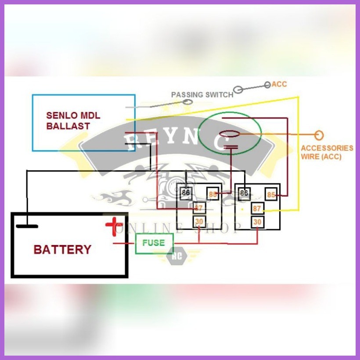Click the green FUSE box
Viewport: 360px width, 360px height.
point(154,243)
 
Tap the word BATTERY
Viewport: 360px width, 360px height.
point(62,249)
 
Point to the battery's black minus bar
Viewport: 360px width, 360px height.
point(27,227)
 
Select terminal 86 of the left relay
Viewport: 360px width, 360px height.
point(186,192)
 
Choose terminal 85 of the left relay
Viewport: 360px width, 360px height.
point(213,194)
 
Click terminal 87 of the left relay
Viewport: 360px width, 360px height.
point(199,208)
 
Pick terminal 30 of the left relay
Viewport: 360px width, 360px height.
point(199,222)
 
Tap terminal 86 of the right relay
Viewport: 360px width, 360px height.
point(244,192)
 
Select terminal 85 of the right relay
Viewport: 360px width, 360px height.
point(271,194)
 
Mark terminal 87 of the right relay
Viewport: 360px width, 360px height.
point(257,209)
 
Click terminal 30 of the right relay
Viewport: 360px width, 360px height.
point(257,222)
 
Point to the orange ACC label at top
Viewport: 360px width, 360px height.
point(279,84)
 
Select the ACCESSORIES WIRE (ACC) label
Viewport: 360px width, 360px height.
point(327,152)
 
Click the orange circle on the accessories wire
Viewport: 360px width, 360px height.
point(319,135)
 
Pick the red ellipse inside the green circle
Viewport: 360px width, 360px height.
point(230,134)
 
